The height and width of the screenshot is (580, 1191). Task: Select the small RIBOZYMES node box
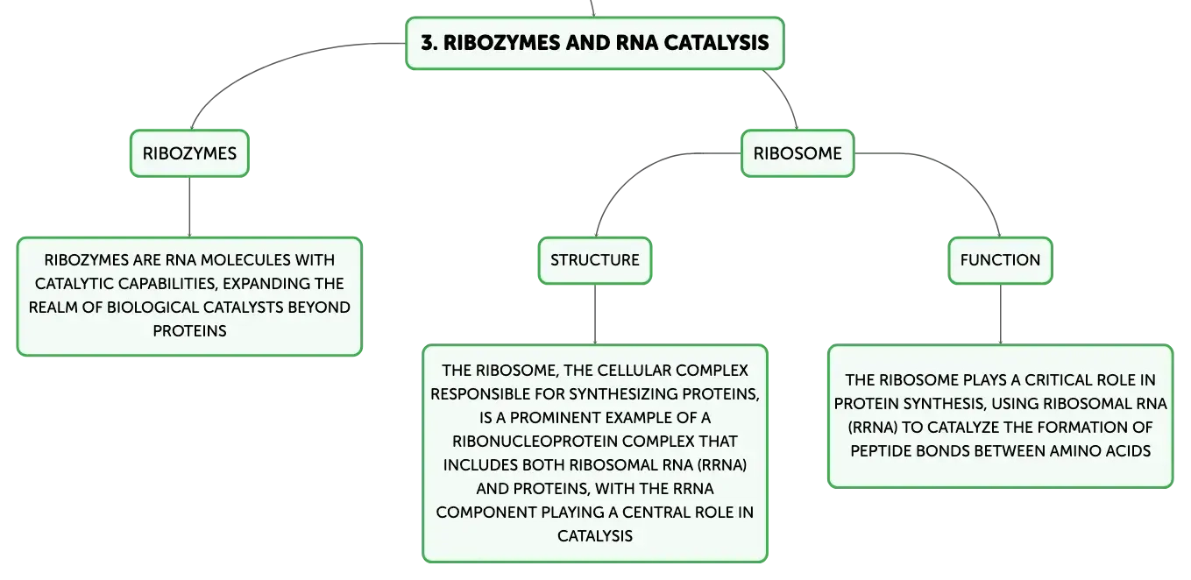189,153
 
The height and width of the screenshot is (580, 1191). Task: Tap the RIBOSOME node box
798,153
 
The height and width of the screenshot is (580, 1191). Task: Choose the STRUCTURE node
595,260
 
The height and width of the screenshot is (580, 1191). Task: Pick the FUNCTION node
1000,260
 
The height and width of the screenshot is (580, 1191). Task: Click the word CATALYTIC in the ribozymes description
74,283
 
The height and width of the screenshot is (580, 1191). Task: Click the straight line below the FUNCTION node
1000,315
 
